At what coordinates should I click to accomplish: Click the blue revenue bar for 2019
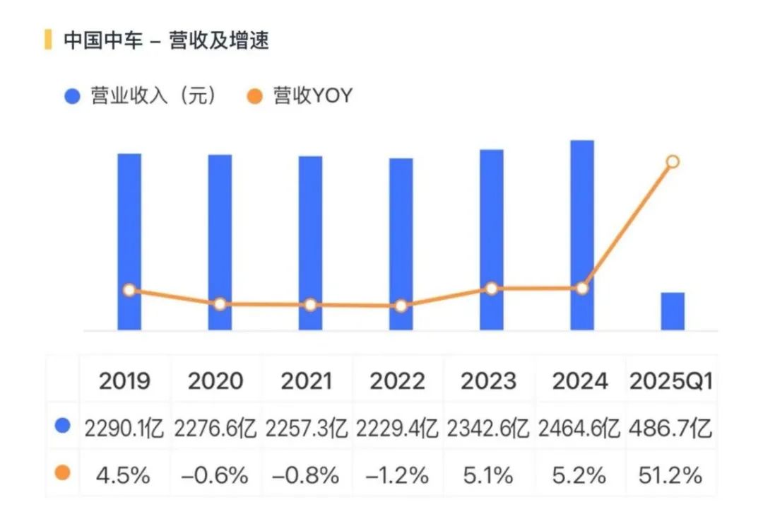click(129, 241)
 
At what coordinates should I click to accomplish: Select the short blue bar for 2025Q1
click(673, 311)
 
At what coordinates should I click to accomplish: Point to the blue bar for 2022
click(401, 243)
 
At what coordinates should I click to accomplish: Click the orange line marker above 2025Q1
click(673, 162)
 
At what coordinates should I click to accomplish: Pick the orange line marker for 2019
click(129, 290)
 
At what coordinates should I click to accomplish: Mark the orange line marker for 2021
click(310, 305)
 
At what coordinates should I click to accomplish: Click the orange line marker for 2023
click(492, 289)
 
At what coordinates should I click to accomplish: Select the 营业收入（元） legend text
click(153, 96)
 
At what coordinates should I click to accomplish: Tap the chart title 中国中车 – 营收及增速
click(166, 40)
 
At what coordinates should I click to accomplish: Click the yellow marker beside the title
click(48, 40)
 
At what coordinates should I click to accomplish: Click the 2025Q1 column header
click(671, 381)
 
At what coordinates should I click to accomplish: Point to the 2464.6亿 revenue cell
click(579, 429)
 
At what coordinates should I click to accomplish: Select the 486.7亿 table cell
click(671, 429)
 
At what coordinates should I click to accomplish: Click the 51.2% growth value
click(671, 475)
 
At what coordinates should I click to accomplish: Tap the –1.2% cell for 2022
click(398, 475)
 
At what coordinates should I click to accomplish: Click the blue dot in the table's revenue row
click(63, 426)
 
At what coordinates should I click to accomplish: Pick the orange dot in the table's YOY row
click(63, 473)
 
